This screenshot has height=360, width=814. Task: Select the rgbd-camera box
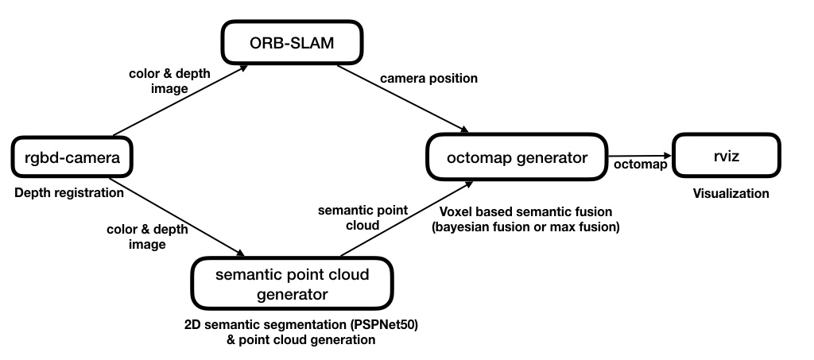pyautogui.click(x=71, y=158)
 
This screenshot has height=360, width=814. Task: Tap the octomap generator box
pyautogui.click(x=517, y=157)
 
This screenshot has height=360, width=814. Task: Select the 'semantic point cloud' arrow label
pyautogui.click(x=362, y=219)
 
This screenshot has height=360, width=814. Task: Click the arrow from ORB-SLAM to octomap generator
pyautogui.click(x=401, y=100)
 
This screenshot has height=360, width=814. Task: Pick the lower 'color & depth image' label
pyautogui.click(x=147, y=236)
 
